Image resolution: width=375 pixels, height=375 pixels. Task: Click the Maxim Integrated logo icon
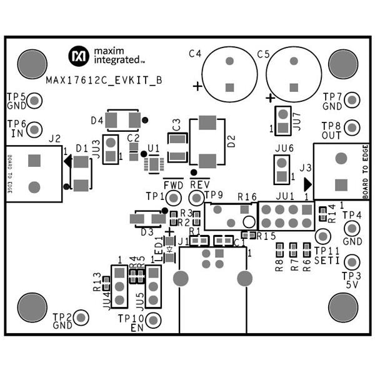pyautogui.click(x=79, y=55)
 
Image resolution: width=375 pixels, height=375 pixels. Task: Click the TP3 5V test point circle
pyautogui.click(x=352, y=262)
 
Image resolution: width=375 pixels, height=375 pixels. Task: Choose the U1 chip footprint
pyautogui.click(x=153, y=164)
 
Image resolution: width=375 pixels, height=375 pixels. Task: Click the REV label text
pyautogui.click(x=199, y=185)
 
